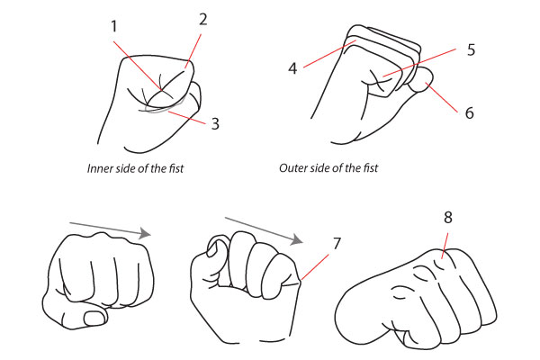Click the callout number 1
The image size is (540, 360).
coord(114,28)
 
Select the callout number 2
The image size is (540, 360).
coord(202,19)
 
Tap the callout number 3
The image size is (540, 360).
coord(214,123)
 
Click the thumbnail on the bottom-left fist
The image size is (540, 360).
coord(93,318)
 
